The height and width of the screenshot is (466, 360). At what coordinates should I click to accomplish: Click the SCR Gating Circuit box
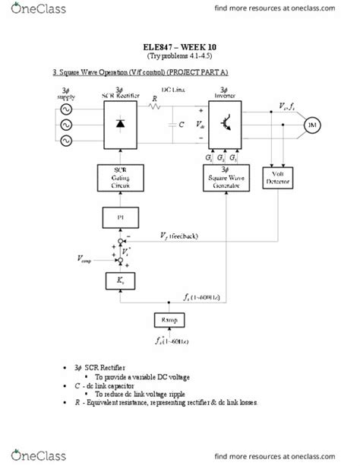click(120, 180)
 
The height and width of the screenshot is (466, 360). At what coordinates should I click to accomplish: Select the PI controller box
click(120, 219)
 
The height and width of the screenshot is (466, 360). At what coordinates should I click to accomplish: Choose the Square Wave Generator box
click(225, 180)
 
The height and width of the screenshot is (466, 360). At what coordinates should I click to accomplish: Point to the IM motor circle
click(311, 125)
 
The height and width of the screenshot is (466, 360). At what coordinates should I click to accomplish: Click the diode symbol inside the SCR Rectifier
click(120, 124)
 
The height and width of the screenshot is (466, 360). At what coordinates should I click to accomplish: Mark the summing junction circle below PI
click(120, 246)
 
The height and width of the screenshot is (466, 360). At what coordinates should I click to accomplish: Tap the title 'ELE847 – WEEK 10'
click(179, 46)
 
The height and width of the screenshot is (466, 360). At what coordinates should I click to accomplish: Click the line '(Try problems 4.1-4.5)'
click(179, 56)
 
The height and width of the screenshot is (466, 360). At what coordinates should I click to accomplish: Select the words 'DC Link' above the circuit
click(176, 90)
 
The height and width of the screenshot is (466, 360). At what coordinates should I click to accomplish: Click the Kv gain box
click(120, 281)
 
